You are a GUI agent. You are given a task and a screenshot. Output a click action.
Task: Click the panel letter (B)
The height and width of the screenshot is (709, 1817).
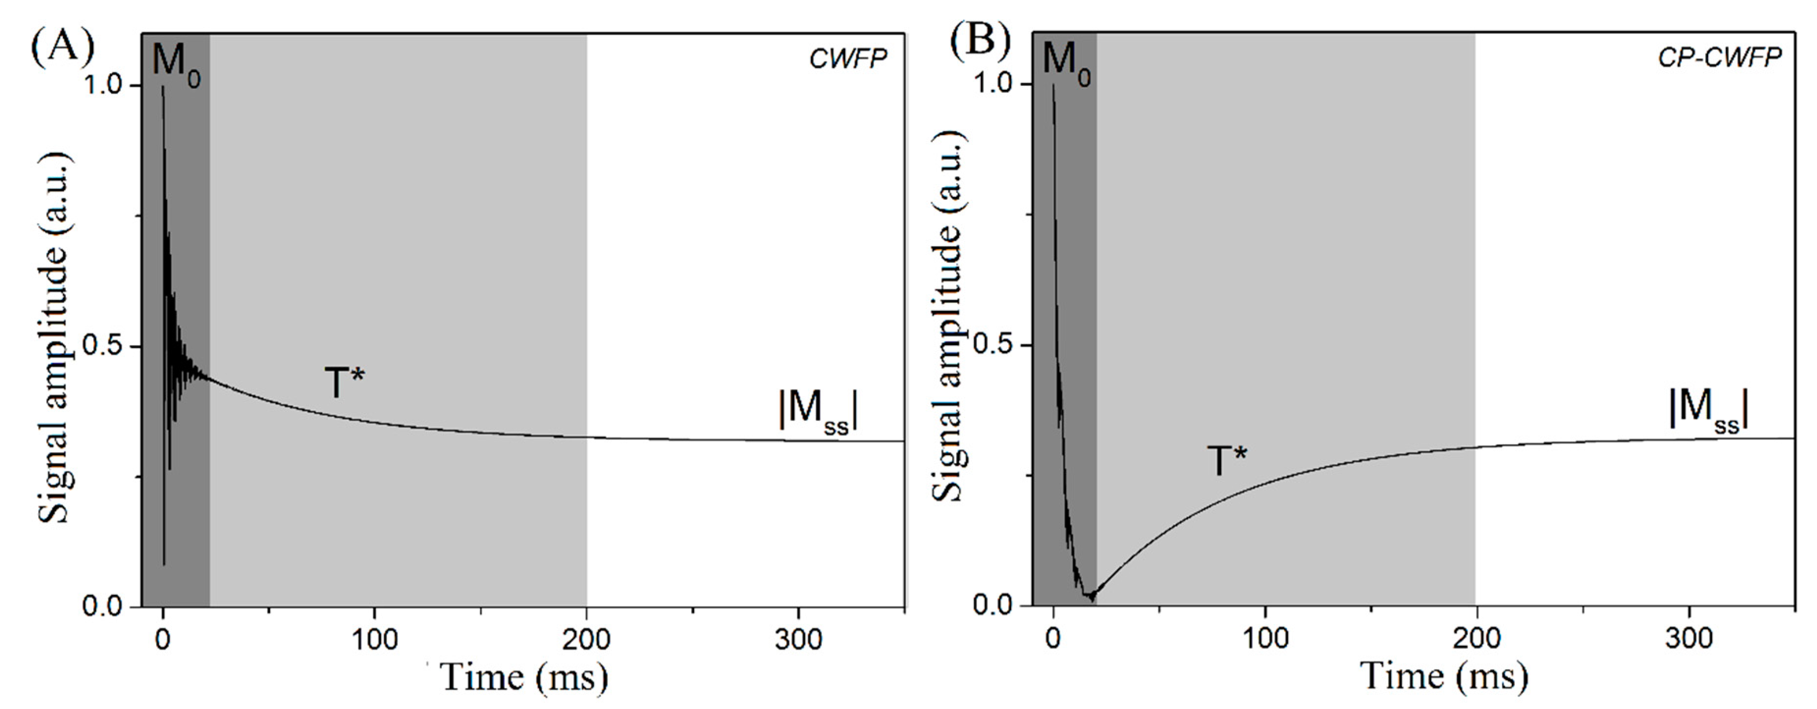click(981, 42)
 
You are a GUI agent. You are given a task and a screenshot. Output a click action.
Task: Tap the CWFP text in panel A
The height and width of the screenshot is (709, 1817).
click(847, 60)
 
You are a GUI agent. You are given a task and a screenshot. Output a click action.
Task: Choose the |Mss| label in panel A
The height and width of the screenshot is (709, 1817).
click(819, 411)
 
